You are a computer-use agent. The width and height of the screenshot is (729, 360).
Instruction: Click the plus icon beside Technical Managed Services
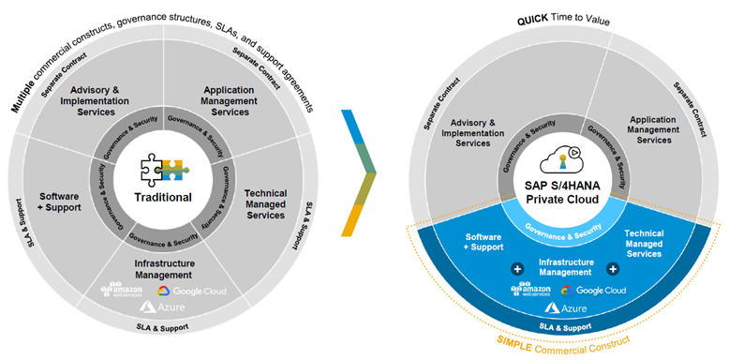[613, 269]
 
